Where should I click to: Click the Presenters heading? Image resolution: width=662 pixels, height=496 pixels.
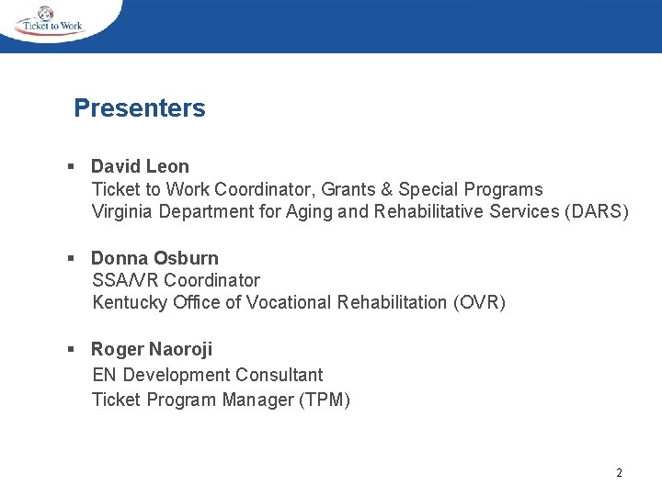[x=140, y=108]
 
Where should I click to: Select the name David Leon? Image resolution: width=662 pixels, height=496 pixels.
[x=140, y=166]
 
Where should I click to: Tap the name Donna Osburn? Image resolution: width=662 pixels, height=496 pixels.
[x=154, y=258]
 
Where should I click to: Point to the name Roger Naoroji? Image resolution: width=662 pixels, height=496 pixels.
[x=152, y=349]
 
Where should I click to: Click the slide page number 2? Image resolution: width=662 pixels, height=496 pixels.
[x=619, y=473]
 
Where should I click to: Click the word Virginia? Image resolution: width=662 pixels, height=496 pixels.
[x=122, y=212]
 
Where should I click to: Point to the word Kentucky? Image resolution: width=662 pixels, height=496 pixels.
[x=130, y=303]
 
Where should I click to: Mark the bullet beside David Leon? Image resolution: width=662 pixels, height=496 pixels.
[x=71, y=167]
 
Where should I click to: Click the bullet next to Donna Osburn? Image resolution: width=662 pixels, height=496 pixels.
[x=71, y=259]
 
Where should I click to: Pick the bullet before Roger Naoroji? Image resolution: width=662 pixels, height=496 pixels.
[x=71, y=350]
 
